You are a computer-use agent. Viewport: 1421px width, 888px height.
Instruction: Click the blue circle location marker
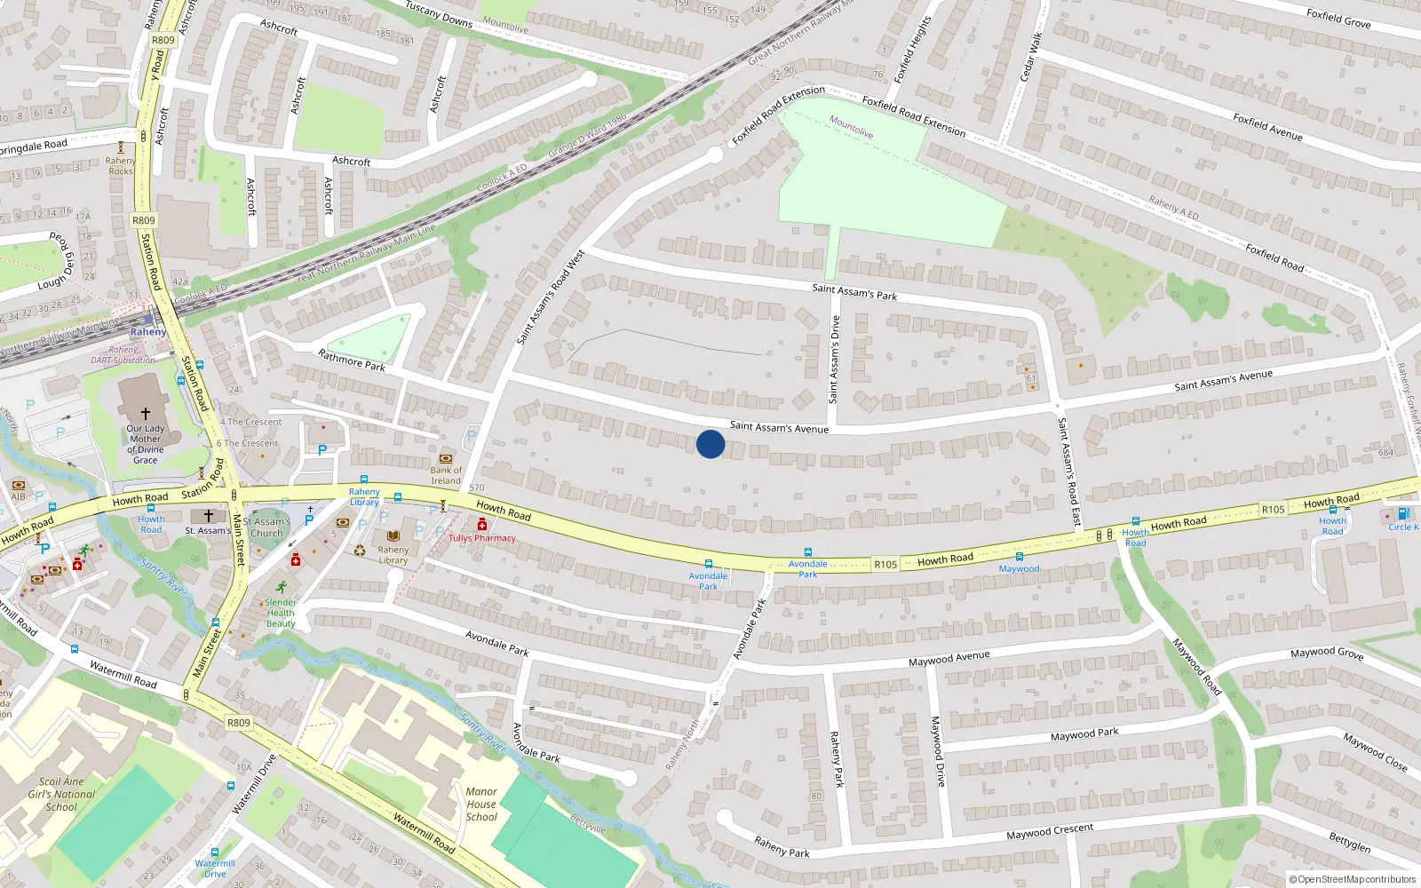(710, 444)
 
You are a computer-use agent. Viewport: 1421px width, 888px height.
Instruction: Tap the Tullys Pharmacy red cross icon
(482, 525)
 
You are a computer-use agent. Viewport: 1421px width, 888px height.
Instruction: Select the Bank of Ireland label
(446, 475)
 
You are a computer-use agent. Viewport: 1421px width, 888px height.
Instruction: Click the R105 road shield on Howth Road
(885, 564)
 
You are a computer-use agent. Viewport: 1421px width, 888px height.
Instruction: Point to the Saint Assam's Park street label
(854, 291)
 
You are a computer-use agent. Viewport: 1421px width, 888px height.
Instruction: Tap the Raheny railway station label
(147, 332)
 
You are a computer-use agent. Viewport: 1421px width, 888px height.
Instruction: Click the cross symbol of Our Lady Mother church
(146, 413)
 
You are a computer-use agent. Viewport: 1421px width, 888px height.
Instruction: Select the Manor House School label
(481, 805)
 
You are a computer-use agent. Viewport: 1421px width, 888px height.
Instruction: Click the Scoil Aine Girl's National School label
(61, 795)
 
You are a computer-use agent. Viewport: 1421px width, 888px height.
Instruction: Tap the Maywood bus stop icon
(1019, 558)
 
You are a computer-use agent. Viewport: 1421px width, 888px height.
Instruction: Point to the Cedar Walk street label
(1030, 57)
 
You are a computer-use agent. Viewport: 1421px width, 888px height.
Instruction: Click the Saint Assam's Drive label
(834, 360)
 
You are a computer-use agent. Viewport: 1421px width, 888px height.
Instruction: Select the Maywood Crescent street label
(1050, 832)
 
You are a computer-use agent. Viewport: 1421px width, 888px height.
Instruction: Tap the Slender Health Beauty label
(281, 613)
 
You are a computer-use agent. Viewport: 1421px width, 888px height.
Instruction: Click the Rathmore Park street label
(352, 360)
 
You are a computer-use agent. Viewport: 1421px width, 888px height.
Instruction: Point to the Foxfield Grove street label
(1338, 18)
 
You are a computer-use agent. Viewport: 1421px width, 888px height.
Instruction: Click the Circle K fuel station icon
(1403, 514)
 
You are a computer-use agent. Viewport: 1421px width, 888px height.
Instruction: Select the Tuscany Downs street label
(439, 13)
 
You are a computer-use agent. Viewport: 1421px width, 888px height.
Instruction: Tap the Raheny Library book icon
(393, 536)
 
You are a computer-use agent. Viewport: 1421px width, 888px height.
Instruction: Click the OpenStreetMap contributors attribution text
(1353, 880)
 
